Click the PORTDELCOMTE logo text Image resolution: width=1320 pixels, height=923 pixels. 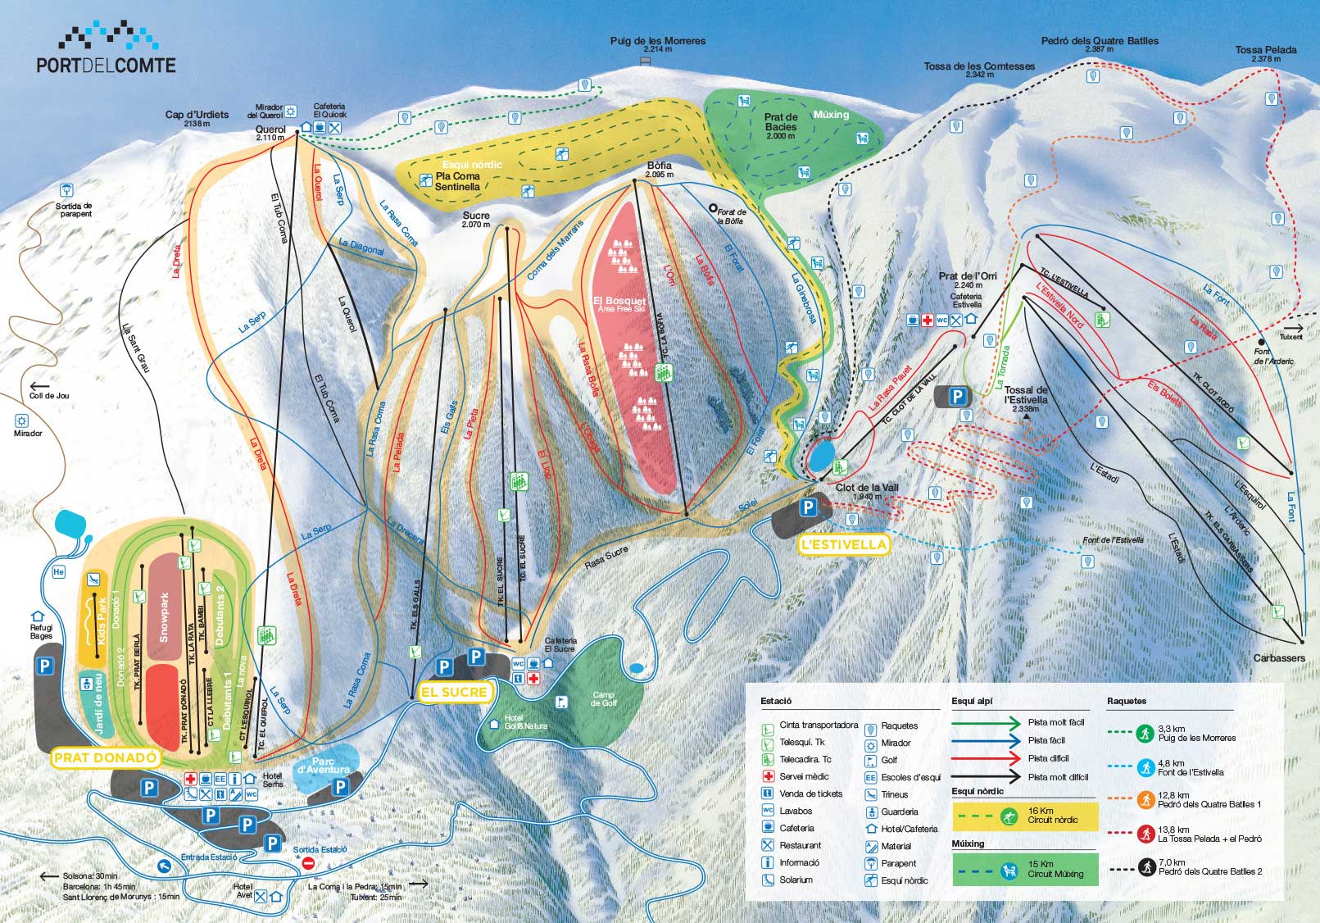coord(106,65)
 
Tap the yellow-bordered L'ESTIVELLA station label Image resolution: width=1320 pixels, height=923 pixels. coord(843,544)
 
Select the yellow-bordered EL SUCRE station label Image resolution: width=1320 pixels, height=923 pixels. coord(454,692)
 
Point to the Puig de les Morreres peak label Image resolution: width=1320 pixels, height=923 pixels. coord(657,41)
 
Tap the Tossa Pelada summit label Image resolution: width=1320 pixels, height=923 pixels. coord(1265,50)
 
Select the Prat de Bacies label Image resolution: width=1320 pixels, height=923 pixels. coord(781,122)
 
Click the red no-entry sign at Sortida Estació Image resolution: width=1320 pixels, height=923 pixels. coord(309,863)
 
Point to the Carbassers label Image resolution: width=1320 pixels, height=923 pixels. coord(1278,658)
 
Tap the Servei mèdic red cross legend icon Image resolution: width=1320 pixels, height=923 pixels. coord(768,776)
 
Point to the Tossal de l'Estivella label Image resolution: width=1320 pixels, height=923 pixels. coord(1026,395)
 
